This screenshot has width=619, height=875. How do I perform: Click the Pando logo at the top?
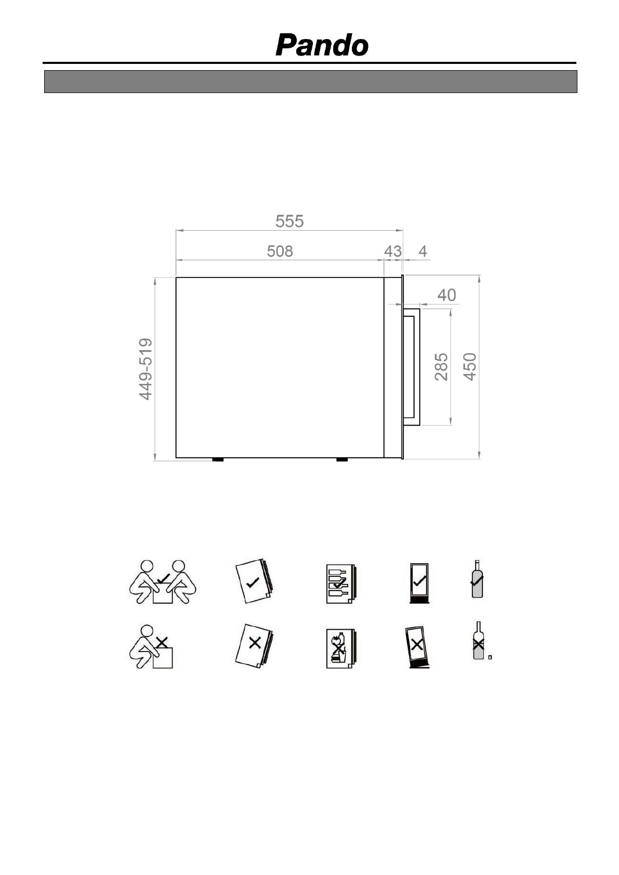tap(322, 45)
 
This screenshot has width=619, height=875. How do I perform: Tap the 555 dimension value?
tap(289, 221)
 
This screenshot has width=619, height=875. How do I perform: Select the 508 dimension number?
tap(280, 251)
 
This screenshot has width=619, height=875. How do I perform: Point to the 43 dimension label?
tap(393, 251)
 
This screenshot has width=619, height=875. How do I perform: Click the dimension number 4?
tap(423, 251)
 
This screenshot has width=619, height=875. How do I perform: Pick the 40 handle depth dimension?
tap(446, 295)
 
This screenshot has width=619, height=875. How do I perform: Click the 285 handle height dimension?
tap(441, 367)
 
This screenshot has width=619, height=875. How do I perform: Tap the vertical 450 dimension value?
tap(470, 367)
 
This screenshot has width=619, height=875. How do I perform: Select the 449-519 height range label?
tap(146, 369)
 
